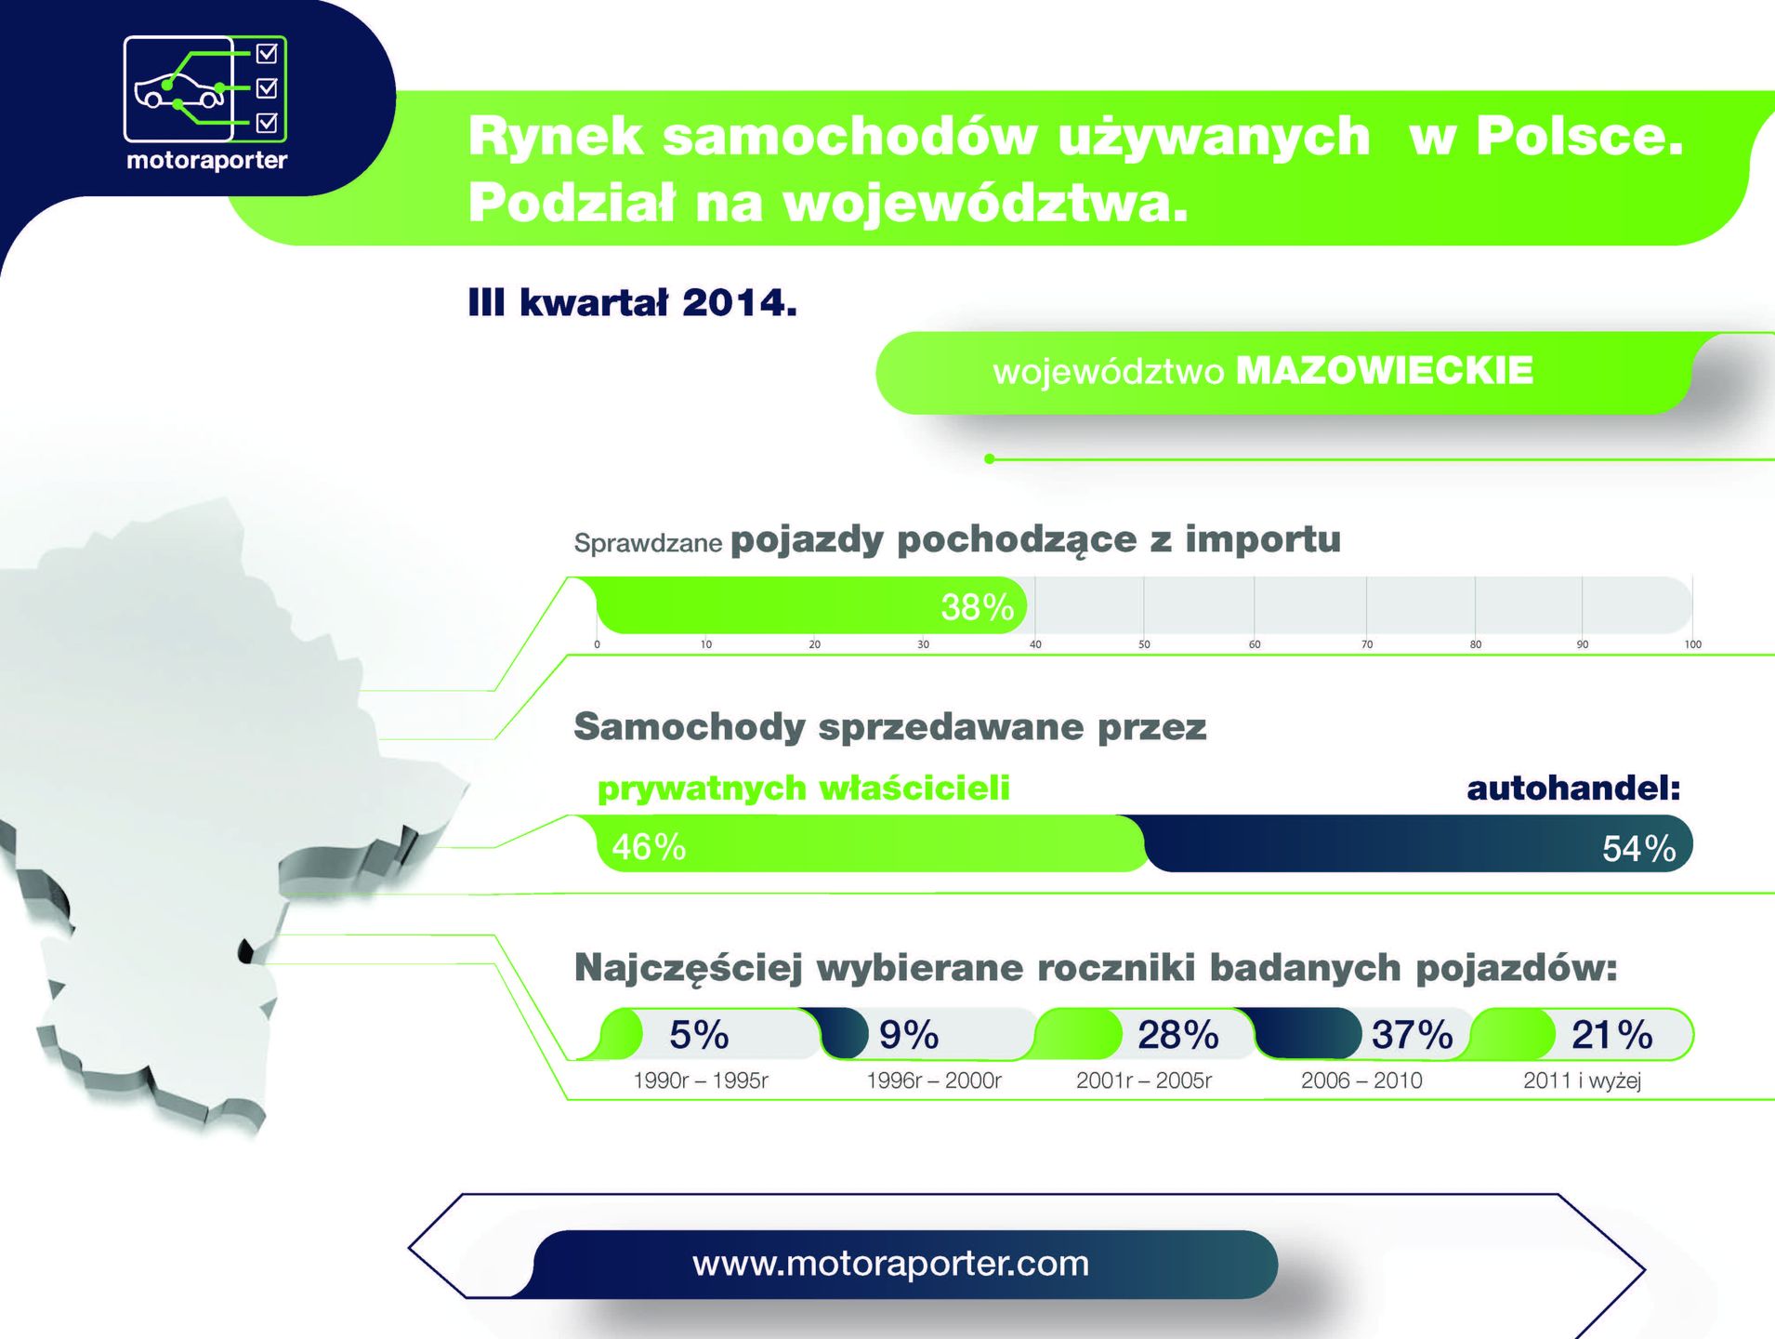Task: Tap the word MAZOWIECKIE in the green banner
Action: click(1384, 371)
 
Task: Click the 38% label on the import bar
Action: click(977, 607)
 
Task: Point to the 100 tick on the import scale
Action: click(1692, 643)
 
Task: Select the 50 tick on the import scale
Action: click(1144, 643)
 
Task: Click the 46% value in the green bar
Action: click(649, 847)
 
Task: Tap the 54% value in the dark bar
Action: click(1639, 849)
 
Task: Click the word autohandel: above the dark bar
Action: click(1573, 789)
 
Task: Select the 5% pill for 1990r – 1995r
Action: click(699, 1035)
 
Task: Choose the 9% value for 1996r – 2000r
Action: click(909, 1035)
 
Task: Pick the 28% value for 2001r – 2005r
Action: click(1178, 1035)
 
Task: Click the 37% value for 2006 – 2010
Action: click(1412, 1035)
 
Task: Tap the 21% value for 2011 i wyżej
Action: click(1611, 1035)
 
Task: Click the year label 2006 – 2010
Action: click(1361, 1080)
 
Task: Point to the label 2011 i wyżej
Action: click(1582, 1080)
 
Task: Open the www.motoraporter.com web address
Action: click(890, 1264)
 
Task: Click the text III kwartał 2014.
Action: click(633, 303)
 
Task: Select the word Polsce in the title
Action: click(1580, 137)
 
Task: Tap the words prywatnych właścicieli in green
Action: click(803, 789)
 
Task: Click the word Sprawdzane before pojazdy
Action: click(648, 543)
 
